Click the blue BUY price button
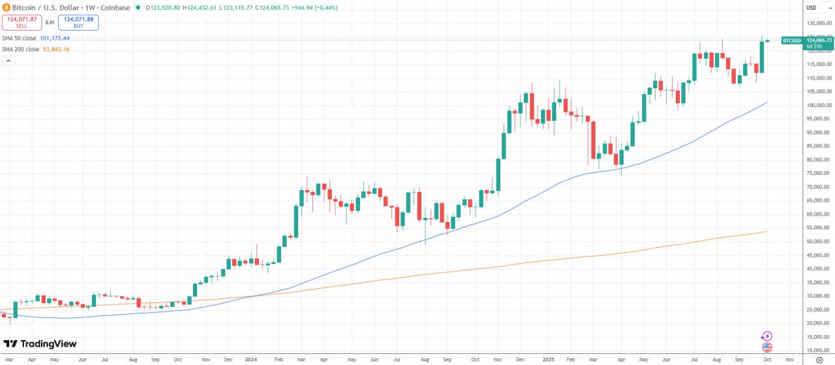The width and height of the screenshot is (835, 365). pyautogui.click(x=78, y=22)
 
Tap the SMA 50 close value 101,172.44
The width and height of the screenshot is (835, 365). pyautogui.click(x=55, y=39)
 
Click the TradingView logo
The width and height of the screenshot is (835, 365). pyautogui.click(x=40, y=344)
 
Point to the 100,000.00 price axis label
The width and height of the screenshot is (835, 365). pyautogui.click(x=819, y=105)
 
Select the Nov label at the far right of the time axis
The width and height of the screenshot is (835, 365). pyautogui.click(x=789, y=359)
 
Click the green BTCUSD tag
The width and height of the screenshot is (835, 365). pyautogui.click(x=791, y=40)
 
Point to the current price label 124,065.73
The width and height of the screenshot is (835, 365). pyautogui.click(x=819, y=40)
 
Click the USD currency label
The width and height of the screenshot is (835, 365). pyautogui.click(x=812, y=8)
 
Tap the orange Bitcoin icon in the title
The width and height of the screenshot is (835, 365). pyautogui.click(x=6, y=8)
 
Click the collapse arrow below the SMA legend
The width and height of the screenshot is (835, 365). pyautogui.click(x=9, y=61)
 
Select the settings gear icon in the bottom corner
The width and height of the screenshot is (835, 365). pyautogui.click(x=819, y=359)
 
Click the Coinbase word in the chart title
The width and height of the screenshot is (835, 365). pyautogui.click(x=116, y=8)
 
